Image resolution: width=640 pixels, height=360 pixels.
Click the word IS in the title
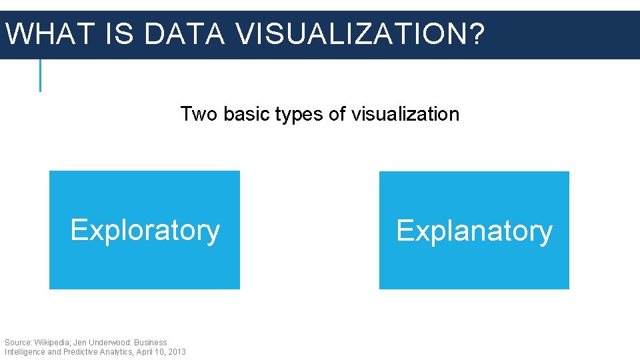pyautogui.click(x=119, y=34)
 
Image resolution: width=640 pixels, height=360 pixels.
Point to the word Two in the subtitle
pyautogui.click(x=199, y=114)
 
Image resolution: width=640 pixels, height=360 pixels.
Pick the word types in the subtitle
pyautogui.click(x=299, y=115)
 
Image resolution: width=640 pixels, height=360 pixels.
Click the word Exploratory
pyautogui.click(x=145, y=230)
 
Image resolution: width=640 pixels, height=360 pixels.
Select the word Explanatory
pyautogui.click(x=474, y=231)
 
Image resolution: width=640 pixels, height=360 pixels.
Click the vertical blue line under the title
pyautogui.click(x=40, y=75)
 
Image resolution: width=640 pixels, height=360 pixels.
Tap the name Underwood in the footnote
pyautogui.click(x=109, y=342)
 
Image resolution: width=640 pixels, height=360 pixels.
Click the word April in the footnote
pyautogui.click(x=145, y=351)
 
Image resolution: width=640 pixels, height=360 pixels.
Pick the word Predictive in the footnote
pyautogui.click(x=82, y=351)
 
